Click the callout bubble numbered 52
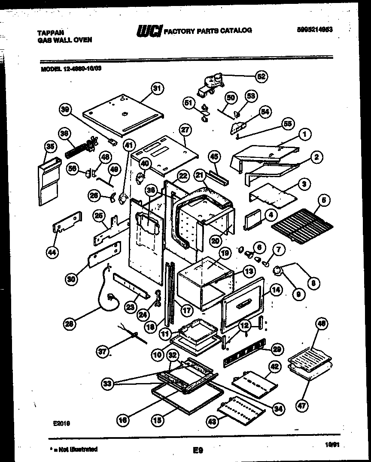click(x=261, y=77)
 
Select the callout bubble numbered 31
click(x=158, y=89)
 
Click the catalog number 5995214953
click(x=315, y=30)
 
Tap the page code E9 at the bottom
click(x=198, y=450)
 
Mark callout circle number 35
click(x=51, y=147)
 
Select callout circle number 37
click(x=102, y=352)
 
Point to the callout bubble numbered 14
click(x=276, y=290)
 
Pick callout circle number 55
click(x=286, y=124)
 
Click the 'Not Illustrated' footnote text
click(x=73, y=449)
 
